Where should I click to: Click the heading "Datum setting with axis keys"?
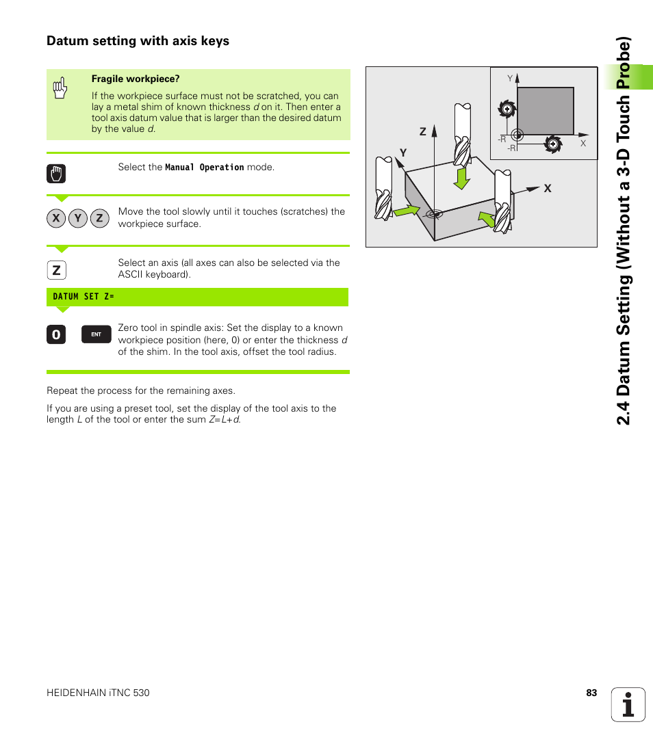138,41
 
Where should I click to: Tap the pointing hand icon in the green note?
60,88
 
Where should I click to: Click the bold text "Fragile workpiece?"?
136,79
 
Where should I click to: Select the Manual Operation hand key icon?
57,174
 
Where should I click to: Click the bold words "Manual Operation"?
204,168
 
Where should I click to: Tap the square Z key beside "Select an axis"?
57,271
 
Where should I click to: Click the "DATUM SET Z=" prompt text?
84,297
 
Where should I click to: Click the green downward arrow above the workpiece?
463,178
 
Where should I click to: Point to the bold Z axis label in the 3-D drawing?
422,131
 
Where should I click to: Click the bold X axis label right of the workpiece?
548,188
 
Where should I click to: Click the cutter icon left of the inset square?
506,108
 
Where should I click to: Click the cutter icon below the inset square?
552,144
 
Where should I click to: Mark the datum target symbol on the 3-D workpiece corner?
434,213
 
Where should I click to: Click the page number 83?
591,693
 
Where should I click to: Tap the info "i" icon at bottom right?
628,704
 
